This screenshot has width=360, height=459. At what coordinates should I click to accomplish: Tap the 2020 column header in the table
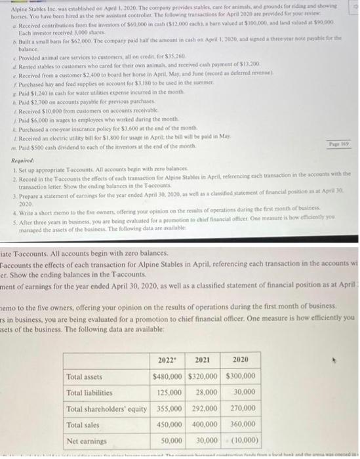pyautogui.click(x=241, y=360)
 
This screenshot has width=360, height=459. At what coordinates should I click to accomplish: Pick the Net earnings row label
pyautogui.click(x=87, y=440)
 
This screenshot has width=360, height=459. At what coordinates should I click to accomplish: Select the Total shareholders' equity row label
pyautogui.click(x=107, y=409)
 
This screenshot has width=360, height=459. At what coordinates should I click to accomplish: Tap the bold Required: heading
pyautogui.click(x=24, y=160)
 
